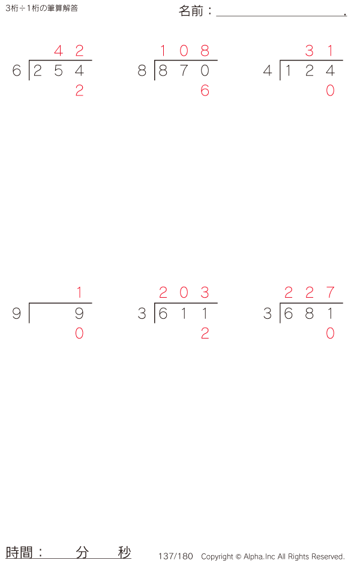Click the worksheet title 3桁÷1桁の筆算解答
(41, 8)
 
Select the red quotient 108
(184, 51)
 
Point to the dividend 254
(58, 71)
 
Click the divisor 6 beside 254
(17, 71)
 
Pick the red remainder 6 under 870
(205, 91)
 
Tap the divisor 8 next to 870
(142, 71)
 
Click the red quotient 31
(319, 51)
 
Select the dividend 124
(309, 71)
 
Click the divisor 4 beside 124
(268, 71)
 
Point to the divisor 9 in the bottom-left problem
(17, 314)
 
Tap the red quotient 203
(184, 293)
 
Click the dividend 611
(184, 314)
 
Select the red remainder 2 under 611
(205, 334)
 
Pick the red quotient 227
(309, 293)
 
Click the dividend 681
(309, 314)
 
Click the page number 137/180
(176, 556)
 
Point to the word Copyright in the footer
(217, 556)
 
